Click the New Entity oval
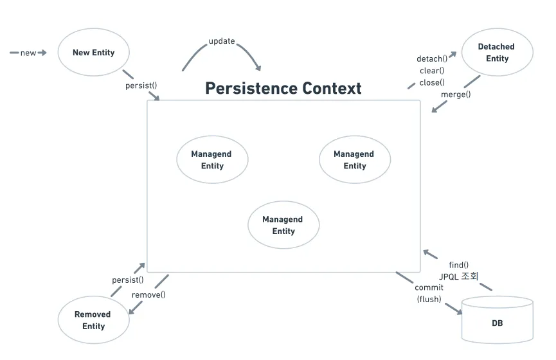tap(94, 52)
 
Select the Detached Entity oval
tap(496, 53)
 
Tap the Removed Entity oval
tap(93, 320)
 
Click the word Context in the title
tap(332, 88)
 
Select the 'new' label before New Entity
tap(28, 53)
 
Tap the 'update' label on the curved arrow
tap(222, 42)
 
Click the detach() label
tap(432, 59)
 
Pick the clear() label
tap(432, 71)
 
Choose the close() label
tap(432, 82)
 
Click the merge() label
tap(456, 94)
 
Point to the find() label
tap(459, 265)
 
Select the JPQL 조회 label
tap(459, 276)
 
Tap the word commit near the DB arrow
tap(429, 287)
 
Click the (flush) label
tap(429, 299)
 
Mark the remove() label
tap(148, 295)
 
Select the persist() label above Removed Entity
tap(128, 280)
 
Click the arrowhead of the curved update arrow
tap(258, 67)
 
